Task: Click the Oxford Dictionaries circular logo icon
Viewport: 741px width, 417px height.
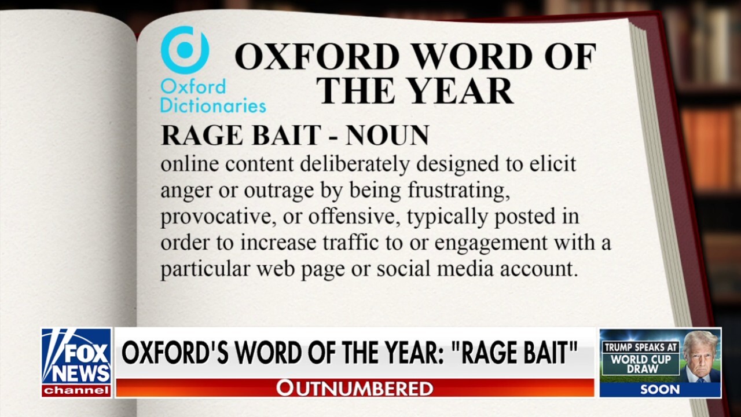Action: point(185,50)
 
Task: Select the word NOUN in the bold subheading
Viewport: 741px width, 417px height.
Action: point(387,136)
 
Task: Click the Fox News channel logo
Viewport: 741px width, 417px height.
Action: point(76,363)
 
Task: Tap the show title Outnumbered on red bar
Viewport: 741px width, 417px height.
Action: point(354,388)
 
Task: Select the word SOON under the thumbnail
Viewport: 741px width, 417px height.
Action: point(660,390)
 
